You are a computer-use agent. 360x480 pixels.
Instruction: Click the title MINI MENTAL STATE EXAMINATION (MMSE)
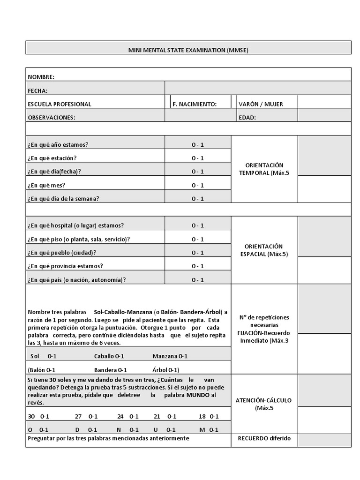188,50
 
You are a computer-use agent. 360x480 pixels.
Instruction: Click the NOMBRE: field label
41,77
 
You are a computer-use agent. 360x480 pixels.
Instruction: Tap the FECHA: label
38,90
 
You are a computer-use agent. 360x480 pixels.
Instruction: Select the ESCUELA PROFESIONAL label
60,104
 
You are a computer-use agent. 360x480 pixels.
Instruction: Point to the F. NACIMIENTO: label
195,104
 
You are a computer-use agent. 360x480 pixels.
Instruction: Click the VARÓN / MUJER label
261,104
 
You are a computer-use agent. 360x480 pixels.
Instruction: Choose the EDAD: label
247,118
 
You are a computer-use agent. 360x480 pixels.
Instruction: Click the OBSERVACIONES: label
52,118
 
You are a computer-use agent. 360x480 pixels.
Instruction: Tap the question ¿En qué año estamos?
58,144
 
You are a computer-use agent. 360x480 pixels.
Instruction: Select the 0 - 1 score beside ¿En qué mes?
198,185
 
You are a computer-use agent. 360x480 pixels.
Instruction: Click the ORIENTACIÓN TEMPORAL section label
264,169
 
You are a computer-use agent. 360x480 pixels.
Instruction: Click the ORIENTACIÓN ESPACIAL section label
264,250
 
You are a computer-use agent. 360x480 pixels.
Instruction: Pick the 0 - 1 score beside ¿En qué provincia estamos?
198,266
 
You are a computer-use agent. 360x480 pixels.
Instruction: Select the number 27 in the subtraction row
78,416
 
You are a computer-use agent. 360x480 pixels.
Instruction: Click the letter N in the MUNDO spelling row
119,429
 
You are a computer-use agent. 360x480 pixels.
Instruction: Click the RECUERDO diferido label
264,438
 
